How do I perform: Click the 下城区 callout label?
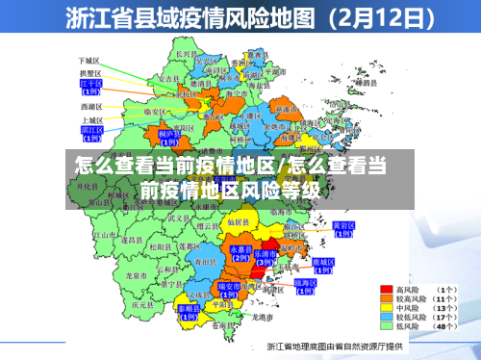90,61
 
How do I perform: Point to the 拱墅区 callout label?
90,72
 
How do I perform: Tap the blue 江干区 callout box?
91,88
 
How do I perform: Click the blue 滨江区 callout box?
91,132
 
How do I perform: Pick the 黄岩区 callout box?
343,229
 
